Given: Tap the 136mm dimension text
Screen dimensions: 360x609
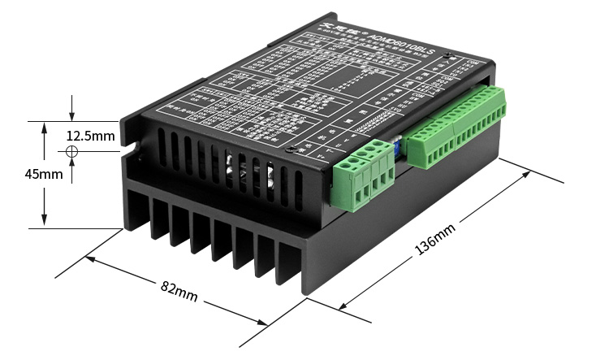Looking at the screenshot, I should tap(435, 241).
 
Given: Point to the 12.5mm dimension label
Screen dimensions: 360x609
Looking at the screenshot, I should tap(90, 135).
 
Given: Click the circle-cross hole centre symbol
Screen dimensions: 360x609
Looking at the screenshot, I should tap(72, 152).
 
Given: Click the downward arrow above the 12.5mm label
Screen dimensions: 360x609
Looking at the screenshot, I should tap(72, 115).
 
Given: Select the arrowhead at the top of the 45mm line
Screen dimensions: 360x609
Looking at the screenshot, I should tap(44, 127).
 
